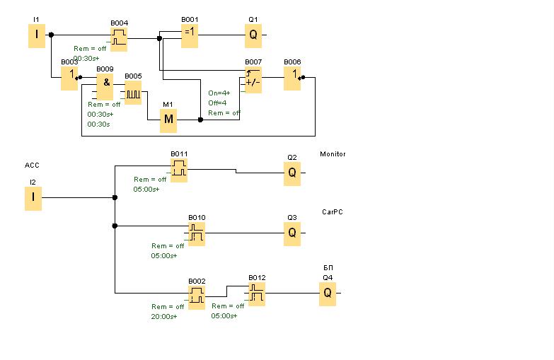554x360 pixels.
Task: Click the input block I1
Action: point(37,35)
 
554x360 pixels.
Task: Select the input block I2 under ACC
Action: point(33,199)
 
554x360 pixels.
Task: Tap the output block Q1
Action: point(253,35)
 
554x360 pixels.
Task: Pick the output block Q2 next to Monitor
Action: point(292,173)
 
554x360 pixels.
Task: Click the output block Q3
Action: point(292,233)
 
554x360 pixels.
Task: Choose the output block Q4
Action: point(328,294)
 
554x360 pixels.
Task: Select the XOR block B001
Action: point(190,35)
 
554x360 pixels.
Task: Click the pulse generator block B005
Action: point(133,92)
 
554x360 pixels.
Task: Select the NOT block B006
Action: point(292,78)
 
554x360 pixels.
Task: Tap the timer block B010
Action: point(197,233)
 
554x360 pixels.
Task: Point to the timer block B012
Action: point(257,294)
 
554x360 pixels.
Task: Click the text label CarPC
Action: point(332,211)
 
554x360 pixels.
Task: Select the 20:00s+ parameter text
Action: point(164,316)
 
